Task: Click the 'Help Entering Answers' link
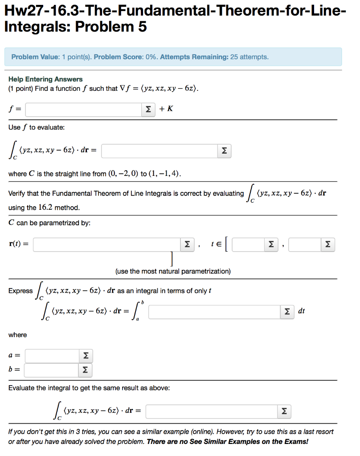[45, 79]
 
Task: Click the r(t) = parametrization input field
[106, 244]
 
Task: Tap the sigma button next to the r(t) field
[187, 244]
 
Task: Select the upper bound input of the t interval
[304, 244]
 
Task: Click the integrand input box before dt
[214, 311]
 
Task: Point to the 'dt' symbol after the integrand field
[302, 311]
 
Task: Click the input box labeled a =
[52, 356]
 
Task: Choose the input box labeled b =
[51, 370]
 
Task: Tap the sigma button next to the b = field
[85, 370]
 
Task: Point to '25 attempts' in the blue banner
[249, 57]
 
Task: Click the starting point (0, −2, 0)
[120, 174]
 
